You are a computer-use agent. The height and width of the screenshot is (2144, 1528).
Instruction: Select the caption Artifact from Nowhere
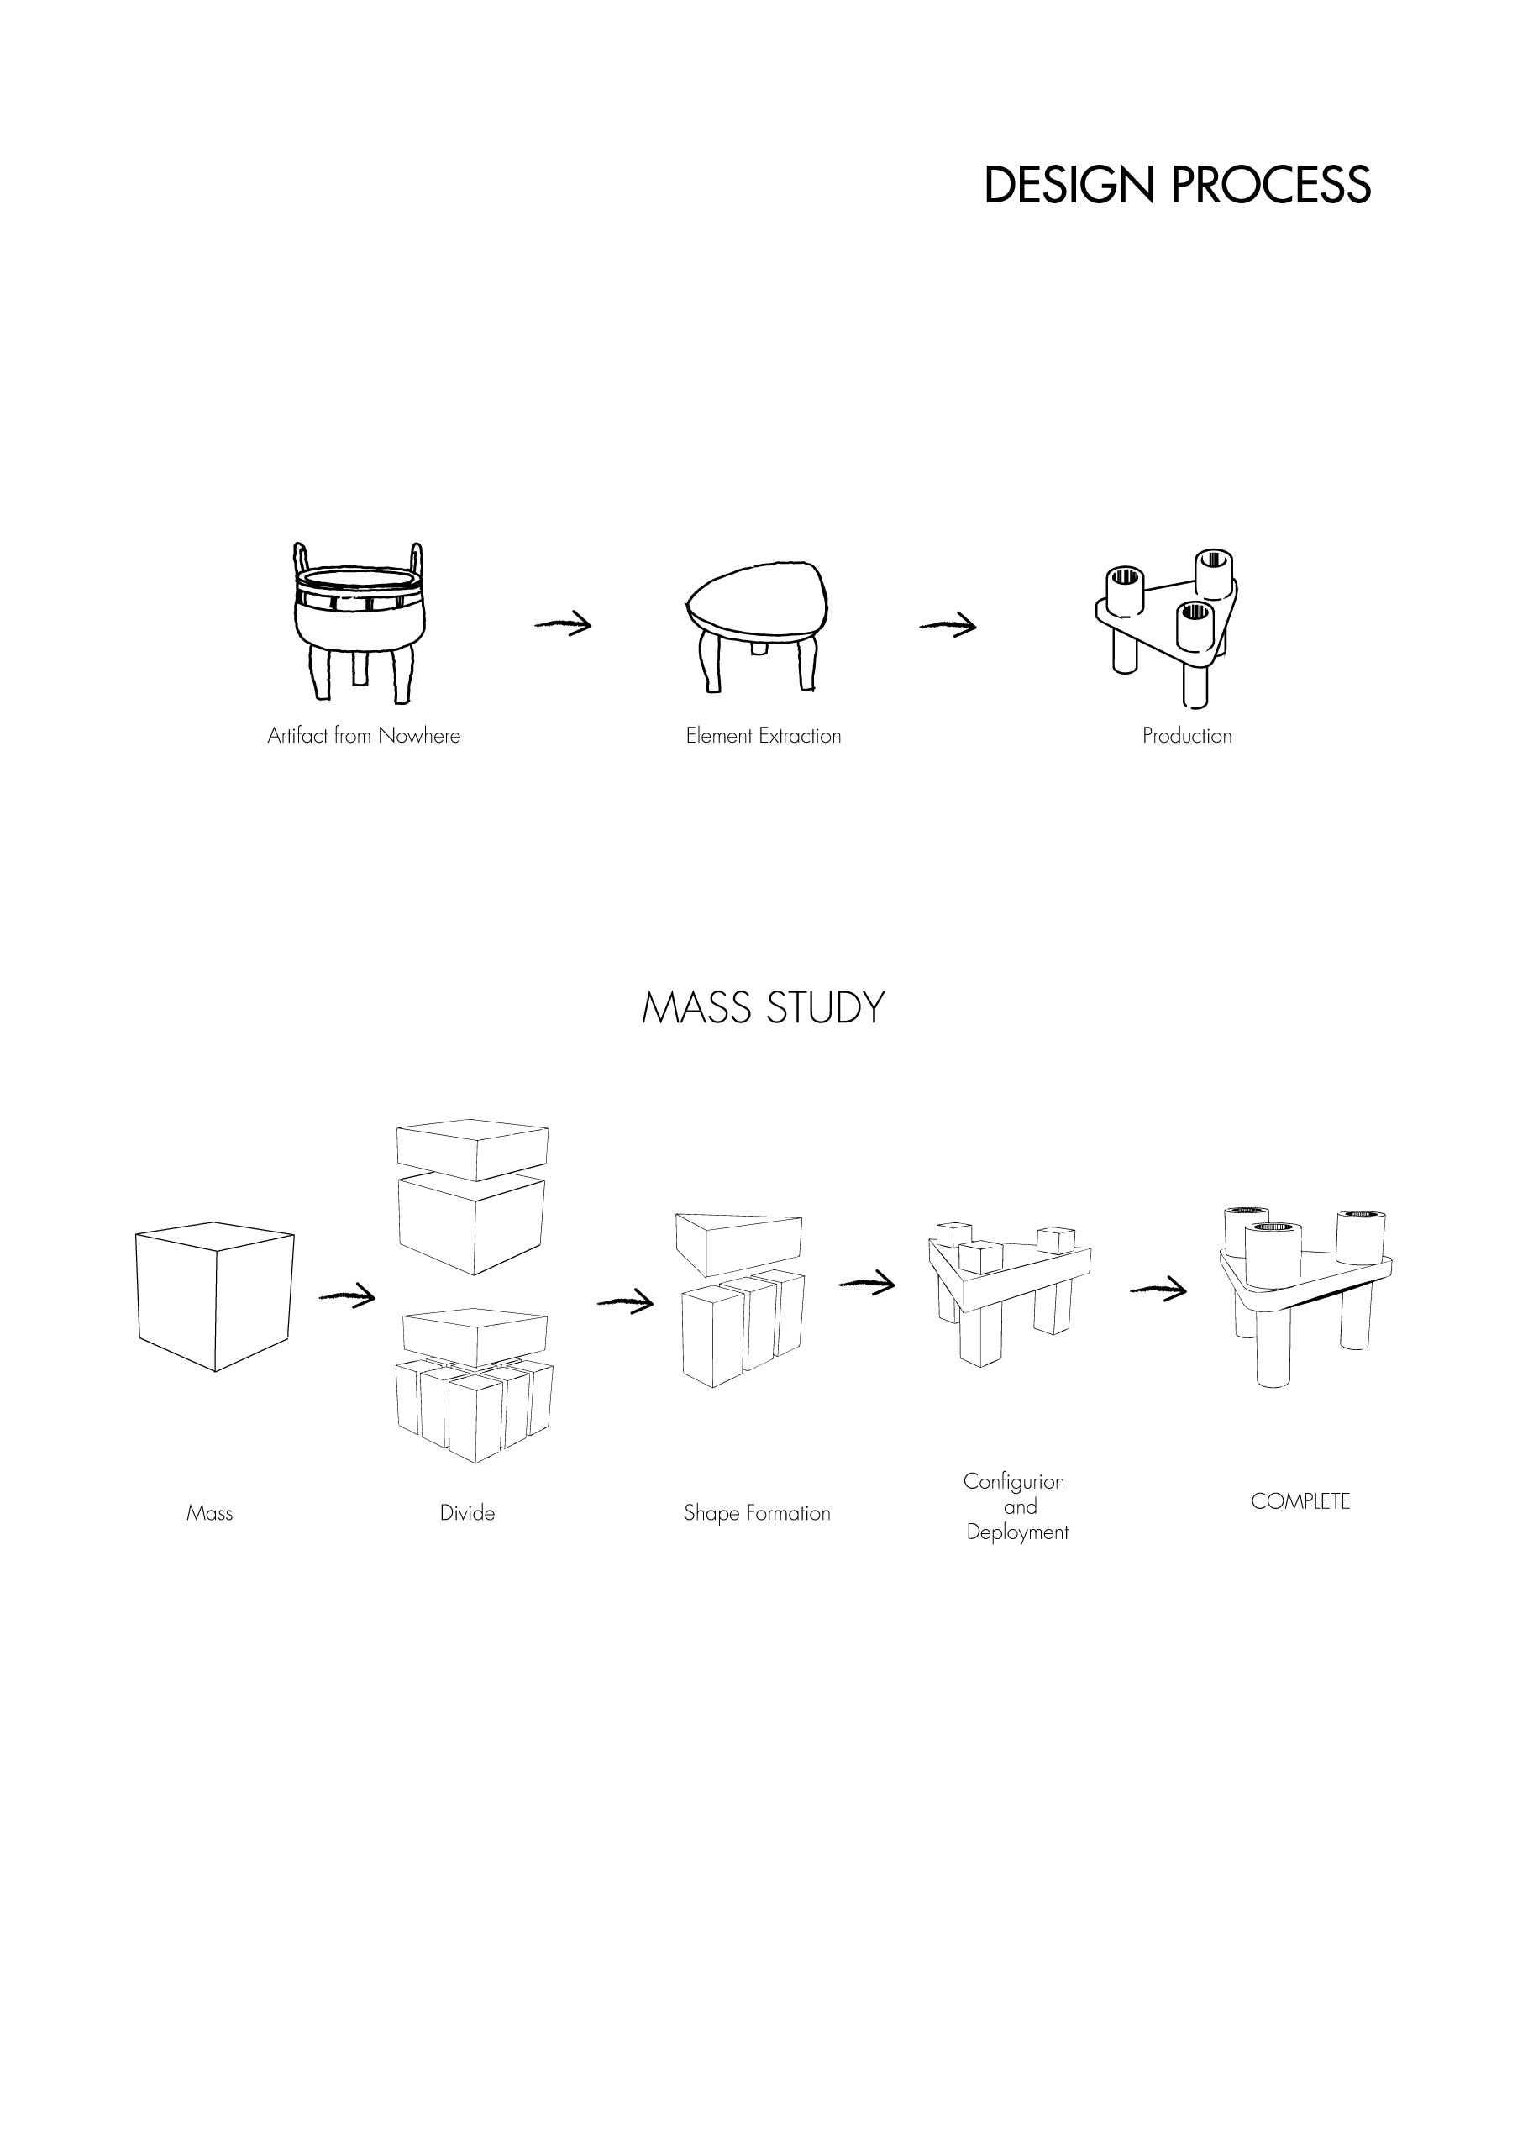(x=364, y=736)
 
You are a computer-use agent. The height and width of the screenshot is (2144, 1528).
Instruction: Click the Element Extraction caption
(x=763, y=736)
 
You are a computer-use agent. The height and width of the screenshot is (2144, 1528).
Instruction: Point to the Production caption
(x=1186, y=736)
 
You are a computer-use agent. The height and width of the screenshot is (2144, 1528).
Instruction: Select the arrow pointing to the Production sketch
(x=948, y=625)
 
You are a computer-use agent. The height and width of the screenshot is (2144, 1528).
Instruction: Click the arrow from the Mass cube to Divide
(x=347, y=1296)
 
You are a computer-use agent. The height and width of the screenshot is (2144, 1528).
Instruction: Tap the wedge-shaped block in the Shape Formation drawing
(x=738, y=1239)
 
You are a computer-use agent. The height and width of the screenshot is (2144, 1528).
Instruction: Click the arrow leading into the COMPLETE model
(x=1158, y=1289)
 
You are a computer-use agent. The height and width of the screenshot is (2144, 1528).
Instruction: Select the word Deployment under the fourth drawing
(x=1017, y=1532)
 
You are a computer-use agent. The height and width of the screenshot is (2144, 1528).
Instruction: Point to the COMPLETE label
(x=1300, y=1501)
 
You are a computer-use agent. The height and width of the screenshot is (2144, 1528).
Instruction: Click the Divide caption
(x=467, y=1513)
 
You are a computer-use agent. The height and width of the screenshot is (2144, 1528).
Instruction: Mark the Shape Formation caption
(x=757, y=1513)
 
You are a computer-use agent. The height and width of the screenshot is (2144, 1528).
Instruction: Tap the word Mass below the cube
(x=209, y=1513)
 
